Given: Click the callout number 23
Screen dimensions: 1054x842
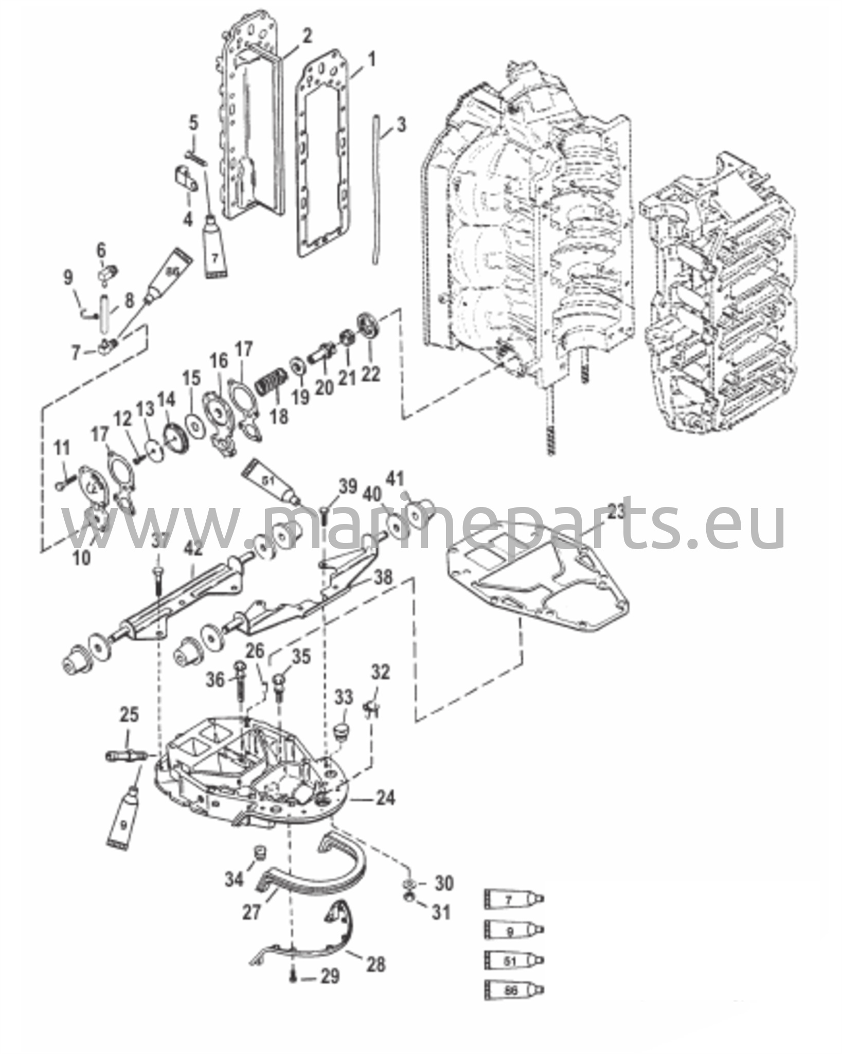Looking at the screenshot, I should pyautogui.click(x=615, y=512).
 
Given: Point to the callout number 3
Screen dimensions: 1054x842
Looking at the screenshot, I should pyautogui.click(x=401, y=125).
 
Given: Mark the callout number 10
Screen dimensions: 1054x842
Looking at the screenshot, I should pyautogui.click(x=81, y=557).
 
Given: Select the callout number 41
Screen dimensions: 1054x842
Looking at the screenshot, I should pyautogui.click(x=395, y=479).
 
